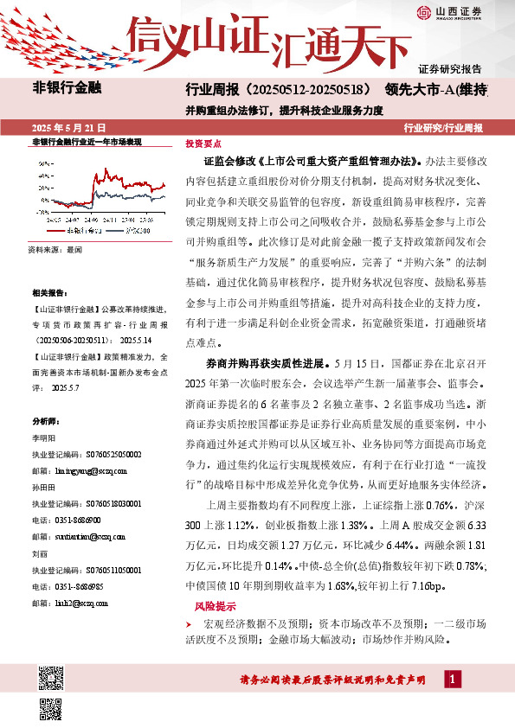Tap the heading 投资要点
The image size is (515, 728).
click(x=202, y=143)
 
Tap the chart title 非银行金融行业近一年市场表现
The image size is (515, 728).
click(x=87, y=141)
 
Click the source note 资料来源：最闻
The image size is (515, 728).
click(x=55, y=249)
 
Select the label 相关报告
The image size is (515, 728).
click(x=48, y=293)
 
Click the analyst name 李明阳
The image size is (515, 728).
click(x=42, y=437)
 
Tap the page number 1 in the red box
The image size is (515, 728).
click(x=453, y=680)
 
